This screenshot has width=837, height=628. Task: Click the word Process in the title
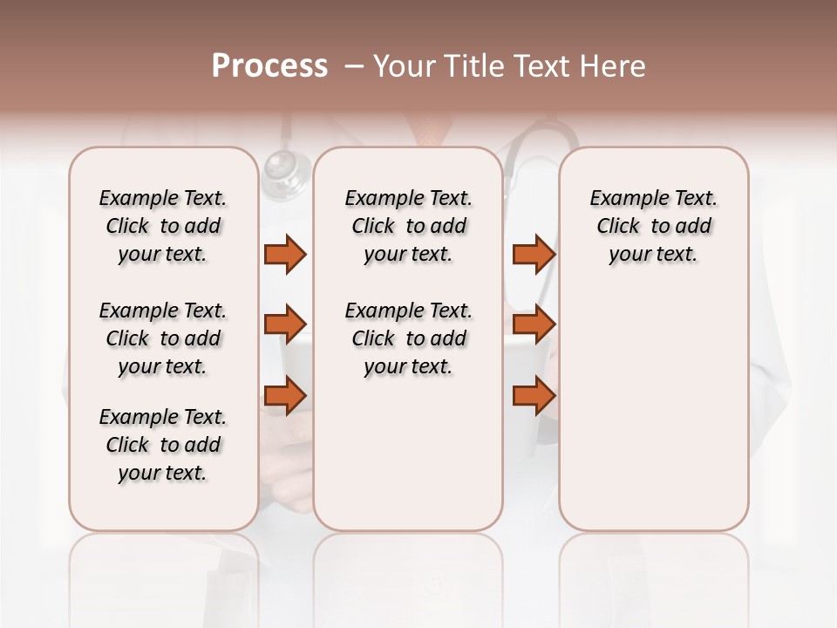click(269, 66)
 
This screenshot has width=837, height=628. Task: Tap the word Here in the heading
click(614, 66)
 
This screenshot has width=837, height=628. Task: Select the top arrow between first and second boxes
click(285, 254)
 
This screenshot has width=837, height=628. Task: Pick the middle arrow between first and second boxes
click(285, 324)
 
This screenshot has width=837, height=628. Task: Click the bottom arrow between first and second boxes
click(285, 396)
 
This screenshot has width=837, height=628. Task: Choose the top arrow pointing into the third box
click(534, 254)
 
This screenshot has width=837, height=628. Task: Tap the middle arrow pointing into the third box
click(534, 324)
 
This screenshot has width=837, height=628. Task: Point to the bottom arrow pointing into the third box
click(534, 396)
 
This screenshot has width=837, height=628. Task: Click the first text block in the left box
click(162, 226)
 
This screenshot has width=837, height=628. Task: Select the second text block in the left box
click(162, 338)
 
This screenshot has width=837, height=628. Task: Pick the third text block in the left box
click(162, 445)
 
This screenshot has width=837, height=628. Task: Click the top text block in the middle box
click(408, 226)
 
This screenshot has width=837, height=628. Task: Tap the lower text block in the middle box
click(408, 338)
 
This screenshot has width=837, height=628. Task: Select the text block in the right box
click(653, 226)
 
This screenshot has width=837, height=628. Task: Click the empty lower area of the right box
click(653, 410)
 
